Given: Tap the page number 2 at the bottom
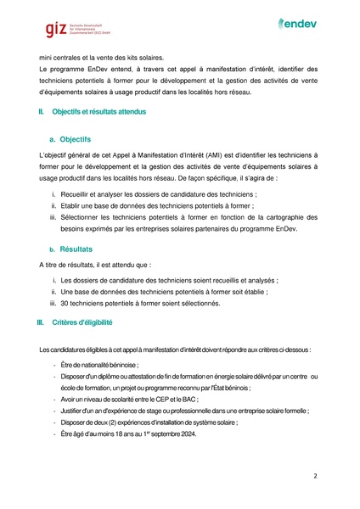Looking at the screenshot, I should pyautogui.click(x=314, y=476).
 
